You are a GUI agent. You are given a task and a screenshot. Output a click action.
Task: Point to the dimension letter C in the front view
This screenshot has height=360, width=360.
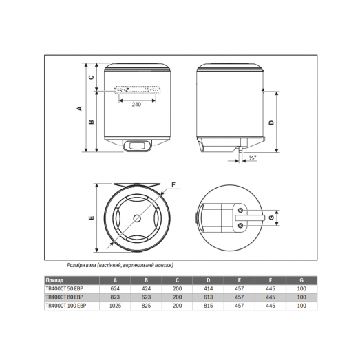(x=91, y=77)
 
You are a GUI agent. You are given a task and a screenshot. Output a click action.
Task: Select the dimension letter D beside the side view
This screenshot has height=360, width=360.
(x=271, y=122)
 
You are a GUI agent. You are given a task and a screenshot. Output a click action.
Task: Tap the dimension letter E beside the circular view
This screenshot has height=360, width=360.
(x=90, y=218)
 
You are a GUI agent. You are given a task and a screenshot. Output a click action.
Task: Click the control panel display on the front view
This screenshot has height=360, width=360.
(x=136, y=146)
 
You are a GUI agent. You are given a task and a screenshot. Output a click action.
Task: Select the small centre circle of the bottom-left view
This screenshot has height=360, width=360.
(x=135, y=218)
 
